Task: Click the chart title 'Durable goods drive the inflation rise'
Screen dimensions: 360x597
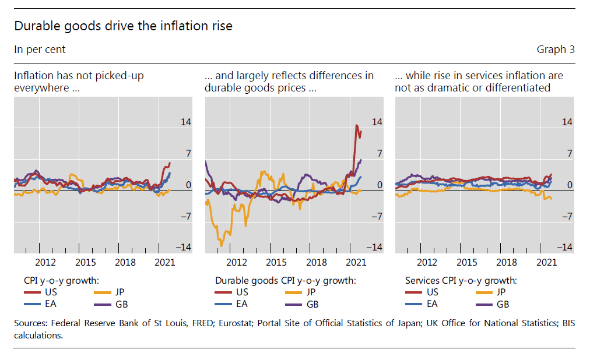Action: point(123,26)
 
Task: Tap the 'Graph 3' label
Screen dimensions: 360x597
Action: point(555,50)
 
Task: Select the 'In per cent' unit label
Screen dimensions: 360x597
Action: point(40,50)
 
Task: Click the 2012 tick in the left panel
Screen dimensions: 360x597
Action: point(45,263)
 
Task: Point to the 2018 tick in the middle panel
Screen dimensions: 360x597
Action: point(317,263)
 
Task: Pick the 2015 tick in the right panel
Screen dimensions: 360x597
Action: point(467,263)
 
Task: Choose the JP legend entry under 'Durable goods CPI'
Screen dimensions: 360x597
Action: point(311,292)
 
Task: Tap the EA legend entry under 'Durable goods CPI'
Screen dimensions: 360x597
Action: point(242,304)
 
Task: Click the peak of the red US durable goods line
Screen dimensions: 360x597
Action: point(357,125)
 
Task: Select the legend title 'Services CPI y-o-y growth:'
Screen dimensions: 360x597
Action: point(461,280)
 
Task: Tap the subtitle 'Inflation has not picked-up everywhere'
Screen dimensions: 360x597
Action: point(79,82)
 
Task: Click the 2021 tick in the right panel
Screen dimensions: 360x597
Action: point(547,263)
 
